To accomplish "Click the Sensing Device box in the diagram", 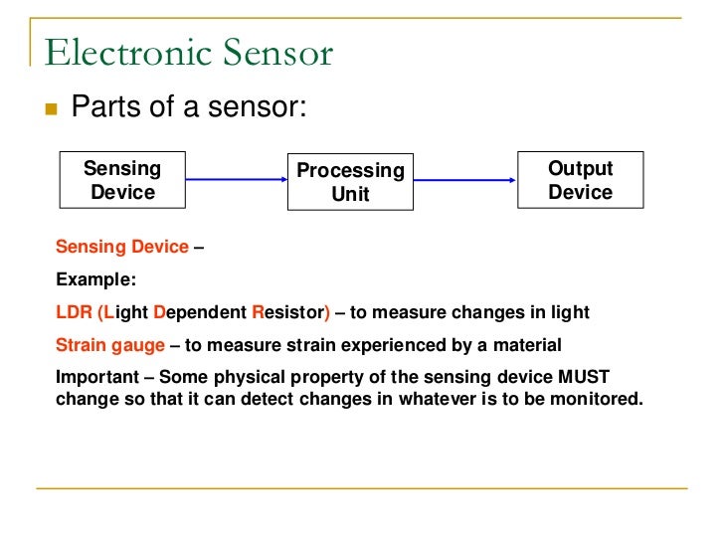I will (x=123, y=180).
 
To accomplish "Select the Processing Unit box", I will (x=350, y=182).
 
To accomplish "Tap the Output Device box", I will (x=580, y=180).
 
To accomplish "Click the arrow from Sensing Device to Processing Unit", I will (x=236, y=180).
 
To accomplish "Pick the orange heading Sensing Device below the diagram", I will (x=121, y=247).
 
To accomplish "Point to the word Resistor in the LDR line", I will (x=289, y=312).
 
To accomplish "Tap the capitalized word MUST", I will (x=581, y=378).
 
